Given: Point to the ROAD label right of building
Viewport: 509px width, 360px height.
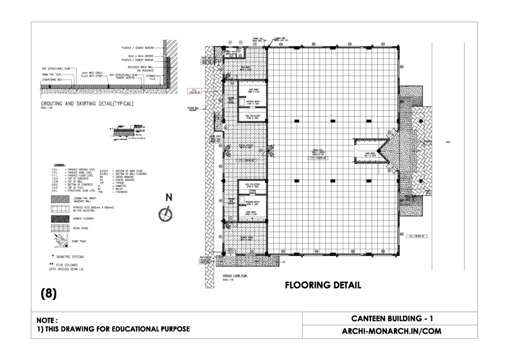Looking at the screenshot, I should [455, 142].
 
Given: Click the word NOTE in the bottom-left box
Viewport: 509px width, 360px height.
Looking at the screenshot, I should [47, 320].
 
